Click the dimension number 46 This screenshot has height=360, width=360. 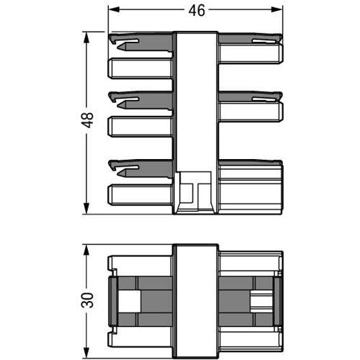tap(197, 11)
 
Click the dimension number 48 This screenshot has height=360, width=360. tap(87, 120)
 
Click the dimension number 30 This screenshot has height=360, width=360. tap(87, 300)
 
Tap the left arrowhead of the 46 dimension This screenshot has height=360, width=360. tap(114, 9)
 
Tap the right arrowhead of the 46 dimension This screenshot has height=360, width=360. tap(276, 9)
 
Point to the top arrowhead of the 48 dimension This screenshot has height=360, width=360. tap(86, 37)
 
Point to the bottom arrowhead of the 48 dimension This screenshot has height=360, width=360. tap(86, 208)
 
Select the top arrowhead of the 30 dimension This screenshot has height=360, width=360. tap(86, 251)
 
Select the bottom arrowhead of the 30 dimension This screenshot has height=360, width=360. tap(86, 354)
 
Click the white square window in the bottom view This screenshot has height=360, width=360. tap(130, 302)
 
